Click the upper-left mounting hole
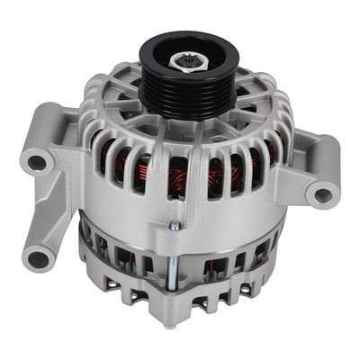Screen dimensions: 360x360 38,163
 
